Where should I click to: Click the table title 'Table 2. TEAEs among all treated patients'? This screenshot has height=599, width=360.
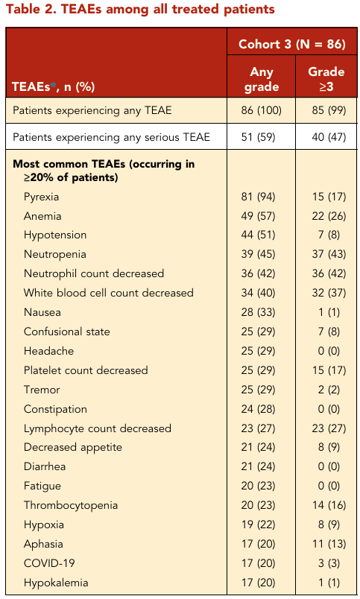140,9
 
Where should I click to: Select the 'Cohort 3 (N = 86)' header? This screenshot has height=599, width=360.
292,44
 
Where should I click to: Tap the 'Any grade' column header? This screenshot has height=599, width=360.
262,79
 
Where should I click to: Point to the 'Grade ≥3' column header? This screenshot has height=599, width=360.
326,79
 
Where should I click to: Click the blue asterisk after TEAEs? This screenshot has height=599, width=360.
53,84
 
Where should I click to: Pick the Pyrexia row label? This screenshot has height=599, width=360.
41,197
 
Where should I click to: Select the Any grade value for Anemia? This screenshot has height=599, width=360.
258,216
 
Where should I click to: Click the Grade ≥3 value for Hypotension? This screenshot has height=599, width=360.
329,235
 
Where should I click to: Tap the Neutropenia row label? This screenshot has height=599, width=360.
54,254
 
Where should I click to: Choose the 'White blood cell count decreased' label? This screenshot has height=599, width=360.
109,293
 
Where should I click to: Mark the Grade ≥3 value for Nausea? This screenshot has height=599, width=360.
329,312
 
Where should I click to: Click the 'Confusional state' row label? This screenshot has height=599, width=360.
67,332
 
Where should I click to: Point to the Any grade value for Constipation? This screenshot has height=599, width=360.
258,409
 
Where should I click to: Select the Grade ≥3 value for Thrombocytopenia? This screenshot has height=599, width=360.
329,505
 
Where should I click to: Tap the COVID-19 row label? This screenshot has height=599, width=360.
49,563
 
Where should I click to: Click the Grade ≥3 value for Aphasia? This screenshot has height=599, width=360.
329,544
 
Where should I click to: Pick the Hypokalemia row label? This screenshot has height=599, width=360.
56,583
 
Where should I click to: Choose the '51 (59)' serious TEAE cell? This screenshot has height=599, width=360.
258,137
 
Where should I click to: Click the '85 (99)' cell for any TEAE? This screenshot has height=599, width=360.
329,110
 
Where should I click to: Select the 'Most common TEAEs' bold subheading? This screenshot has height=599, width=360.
104,171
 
